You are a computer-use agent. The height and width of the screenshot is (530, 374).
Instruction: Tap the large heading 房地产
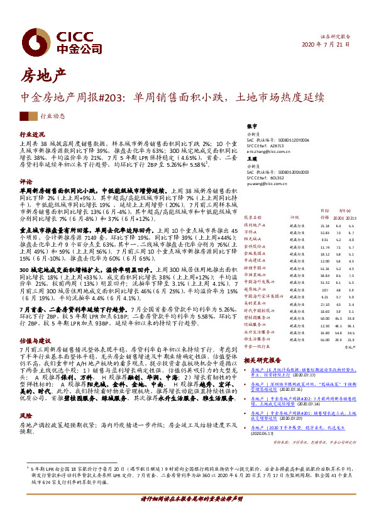pyautogui.click(x=43, y=77)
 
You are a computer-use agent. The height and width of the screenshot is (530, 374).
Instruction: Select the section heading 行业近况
pyautogui.click(x=33, y=135)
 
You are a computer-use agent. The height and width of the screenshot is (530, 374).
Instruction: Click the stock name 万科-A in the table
pyautogui.click(x=251, y=215)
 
